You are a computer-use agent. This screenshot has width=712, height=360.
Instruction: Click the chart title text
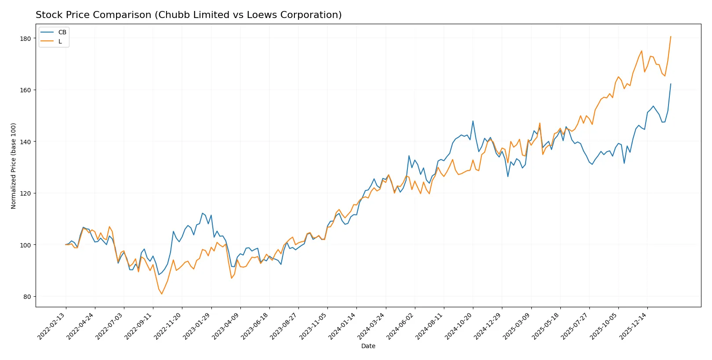point(189,15)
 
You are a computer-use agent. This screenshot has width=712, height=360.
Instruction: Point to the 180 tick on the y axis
point(25,39)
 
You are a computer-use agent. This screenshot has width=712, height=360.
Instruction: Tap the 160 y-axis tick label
point(25,90)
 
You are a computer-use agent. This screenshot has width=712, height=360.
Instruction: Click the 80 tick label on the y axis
point(27,297)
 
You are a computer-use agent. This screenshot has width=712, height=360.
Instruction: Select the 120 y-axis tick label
point(25,193)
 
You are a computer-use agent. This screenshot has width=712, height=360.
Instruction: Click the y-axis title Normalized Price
point(14,166)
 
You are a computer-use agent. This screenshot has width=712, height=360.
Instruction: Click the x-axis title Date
point(368,346)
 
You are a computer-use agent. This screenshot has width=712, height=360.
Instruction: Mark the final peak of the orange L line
point(671,36)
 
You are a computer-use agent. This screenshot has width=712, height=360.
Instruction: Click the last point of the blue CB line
point(671,84)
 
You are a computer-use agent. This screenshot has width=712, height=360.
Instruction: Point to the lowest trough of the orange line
point(161,294)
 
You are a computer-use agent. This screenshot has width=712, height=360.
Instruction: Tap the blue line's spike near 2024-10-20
point(473,121)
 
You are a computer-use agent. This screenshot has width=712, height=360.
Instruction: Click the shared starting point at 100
point(66,244)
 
